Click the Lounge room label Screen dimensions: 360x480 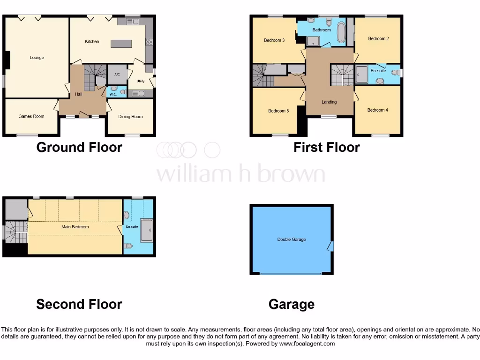(37, 58)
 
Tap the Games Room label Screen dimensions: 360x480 (31, 116)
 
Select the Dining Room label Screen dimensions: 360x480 (130, 117)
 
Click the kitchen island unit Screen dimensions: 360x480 (121, 44)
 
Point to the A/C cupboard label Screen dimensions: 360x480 (117, 75)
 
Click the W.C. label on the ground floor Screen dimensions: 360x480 (113, 95)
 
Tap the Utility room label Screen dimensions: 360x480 (140, 81)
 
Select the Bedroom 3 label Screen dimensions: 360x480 (274, 40)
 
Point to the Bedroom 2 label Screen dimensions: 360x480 (378, 38)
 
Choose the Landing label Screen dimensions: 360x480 (329, 102)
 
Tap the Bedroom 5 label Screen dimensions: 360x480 (278, 111)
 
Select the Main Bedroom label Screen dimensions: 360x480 (75, 227)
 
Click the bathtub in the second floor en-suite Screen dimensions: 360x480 (147, 230)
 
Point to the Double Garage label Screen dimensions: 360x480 (292, 240)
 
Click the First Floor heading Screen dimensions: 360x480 (327, 148)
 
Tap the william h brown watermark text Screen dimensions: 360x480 (240, 174)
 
